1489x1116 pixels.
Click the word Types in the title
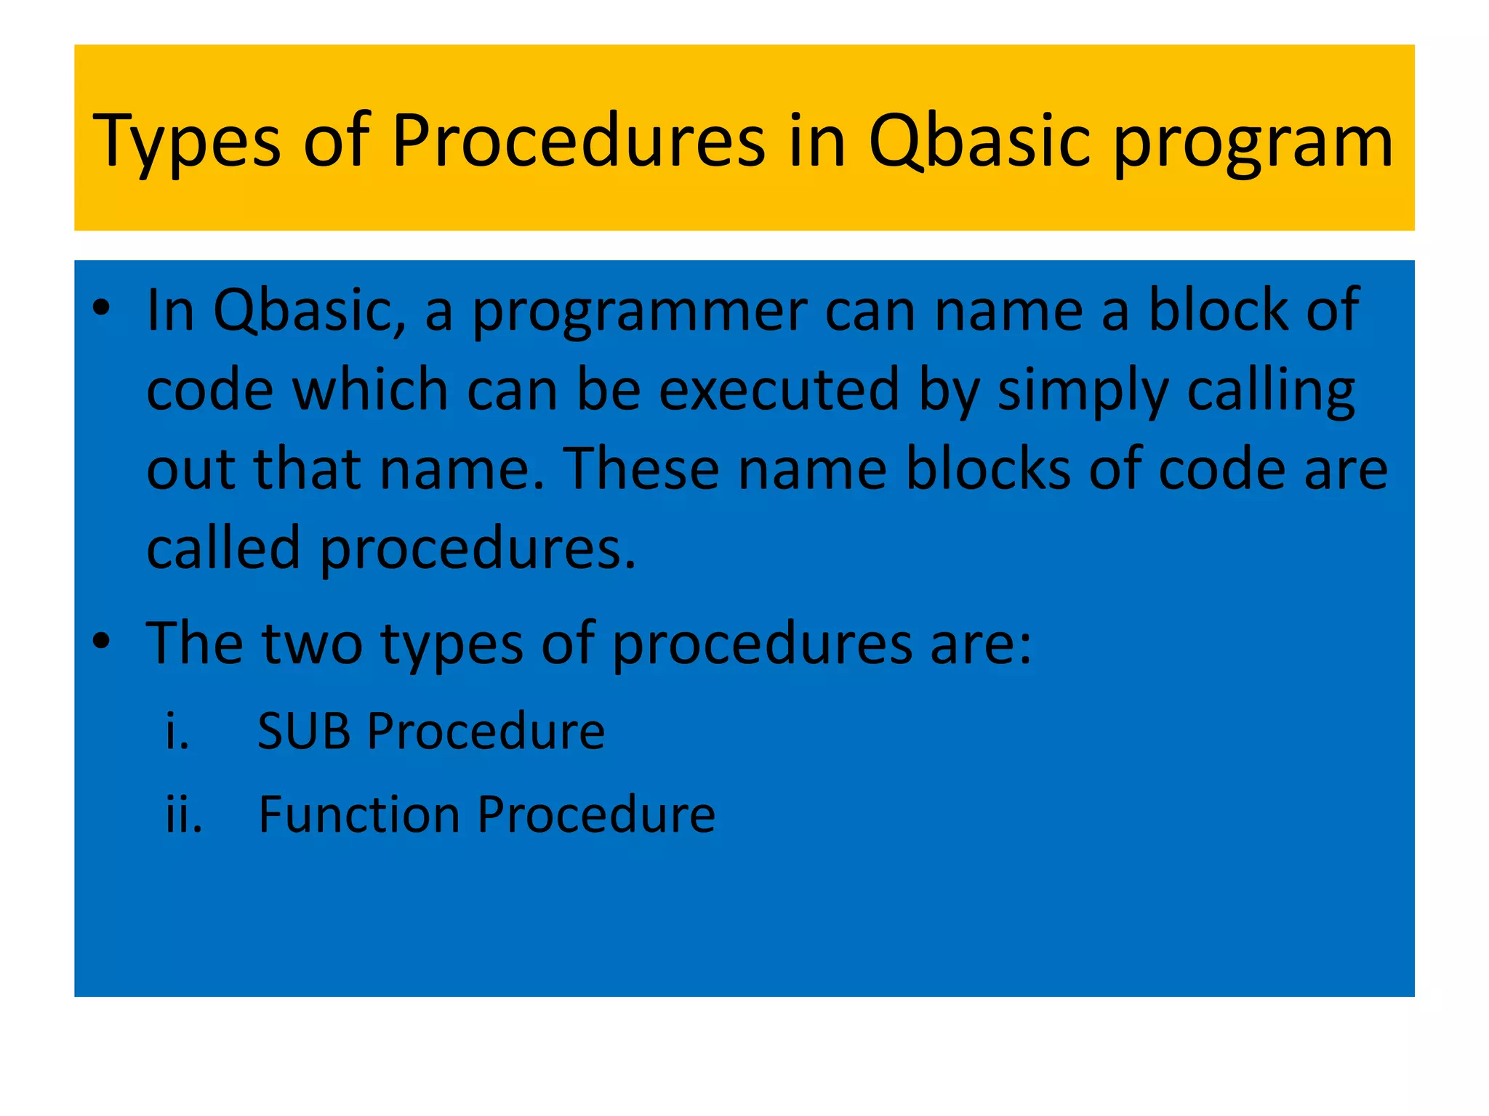click(x=187, y=142)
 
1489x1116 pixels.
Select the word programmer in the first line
click(x=640, y=311)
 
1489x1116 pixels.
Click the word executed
click(x=779, y=390)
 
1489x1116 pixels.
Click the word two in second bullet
click(x=312, y=643)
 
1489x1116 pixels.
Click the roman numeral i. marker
click(x=177, y=731)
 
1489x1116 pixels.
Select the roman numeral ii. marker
click(x=183, y=814)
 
